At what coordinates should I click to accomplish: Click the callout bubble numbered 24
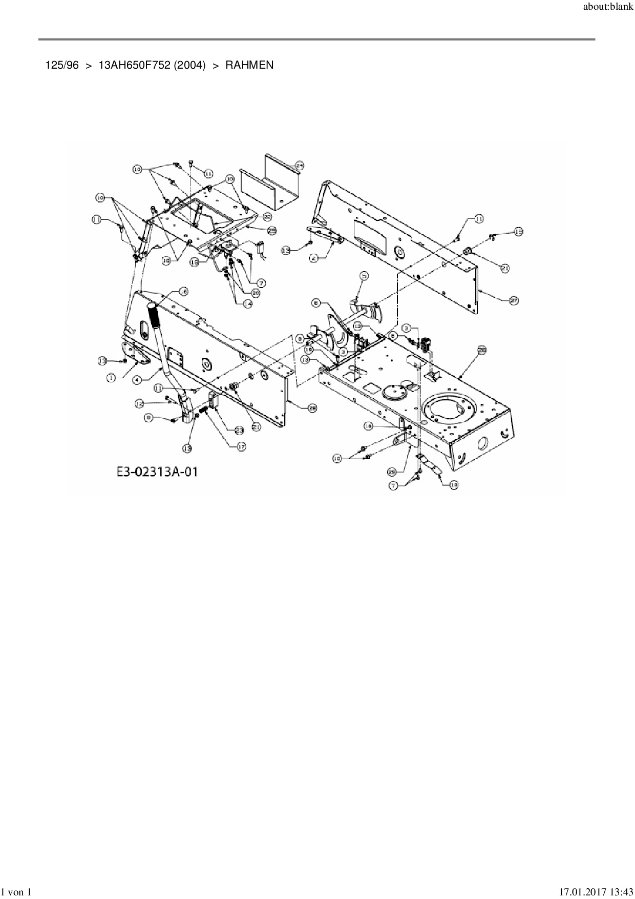click(x=300, y=166)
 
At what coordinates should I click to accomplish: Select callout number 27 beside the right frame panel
click(x=515, y=302)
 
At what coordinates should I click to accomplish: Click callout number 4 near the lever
click(x=137, y=380)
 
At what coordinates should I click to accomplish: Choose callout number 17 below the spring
click(x=241, y=447)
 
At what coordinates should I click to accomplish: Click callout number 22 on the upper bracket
click(x=267, y=216)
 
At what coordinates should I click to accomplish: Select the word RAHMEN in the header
click(x=249, y=65)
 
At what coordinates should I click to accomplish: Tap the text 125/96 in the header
click(x=62, y=65)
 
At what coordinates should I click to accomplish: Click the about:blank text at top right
click(x=608, y=7)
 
